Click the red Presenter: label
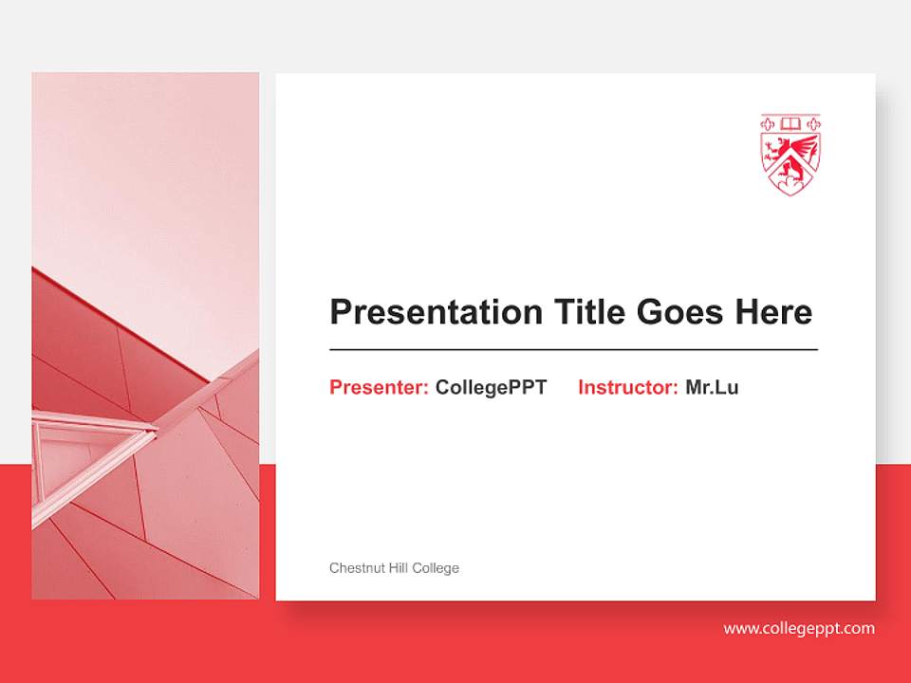(x=379, y=387)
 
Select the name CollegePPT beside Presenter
(x=491, y=387)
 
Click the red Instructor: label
(x=627, y=387)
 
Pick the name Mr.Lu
(x=712, y=387)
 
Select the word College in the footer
(x=437, y=568)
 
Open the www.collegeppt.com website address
(x=799, y=628)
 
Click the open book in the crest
(x=790, y=123)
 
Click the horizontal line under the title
(x=573, y=350)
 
